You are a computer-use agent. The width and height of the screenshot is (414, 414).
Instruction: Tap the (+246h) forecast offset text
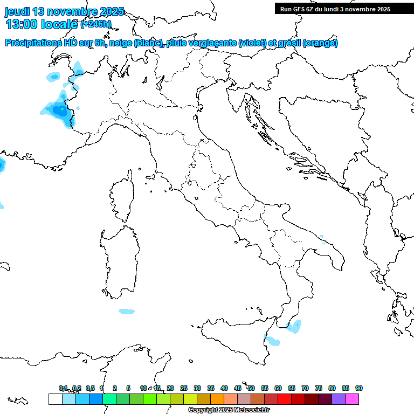[95, 24]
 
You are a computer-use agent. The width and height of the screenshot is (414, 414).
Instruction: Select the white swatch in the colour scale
[55, 399]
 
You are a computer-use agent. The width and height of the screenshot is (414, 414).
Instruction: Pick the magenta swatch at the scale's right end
[352, 399]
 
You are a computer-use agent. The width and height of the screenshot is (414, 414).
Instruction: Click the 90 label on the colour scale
[359, 388]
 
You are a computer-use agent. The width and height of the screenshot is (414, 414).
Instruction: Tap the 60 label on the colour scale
[278, 388]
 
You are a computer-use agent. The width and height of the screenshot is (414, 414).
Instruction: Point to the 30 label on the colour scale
[197, 388]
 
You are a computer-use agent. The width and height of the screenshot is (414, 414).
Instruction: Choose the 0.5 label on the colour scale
[90, 388]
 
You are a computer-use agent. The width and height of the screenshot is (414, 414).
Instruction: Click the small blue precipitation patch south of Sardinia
[127, 311]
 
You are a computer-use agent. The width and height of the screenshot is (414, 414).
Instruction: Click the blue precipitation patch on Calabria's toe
[294, 326]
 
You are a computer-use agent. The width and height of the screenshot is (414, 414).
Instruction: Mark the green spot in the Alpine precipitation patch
[63, 109]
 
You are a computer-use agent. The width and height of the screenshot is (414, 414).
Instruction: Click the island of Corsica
[122, 197]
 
